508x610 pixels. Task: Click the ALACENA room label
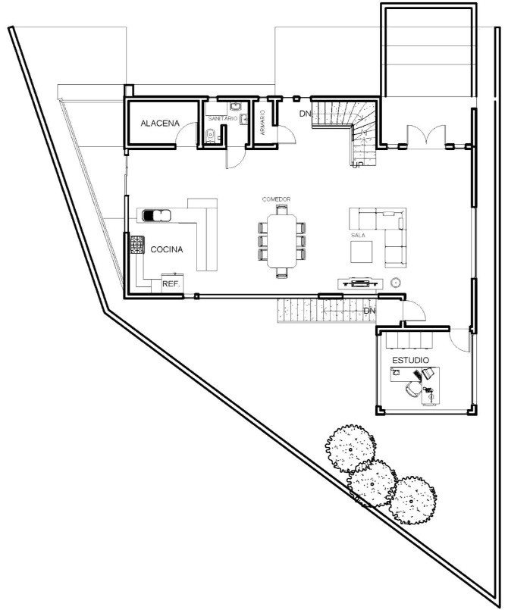pyautogui.click(x=159, y=123)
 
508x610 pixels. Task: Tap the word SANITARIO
pyautogui.click(x=223, y=120)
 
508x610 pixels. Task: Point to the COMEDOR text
pyautogui.click(x=277, y=199)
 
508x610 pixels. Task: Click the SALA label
pyautogui.click(x=359, y=236)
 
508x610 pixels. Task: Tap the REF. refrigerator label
pyautogui.click(x=171, y=283)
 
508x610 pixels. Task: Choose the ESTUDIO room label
pyautogui.click(x=411, y=359)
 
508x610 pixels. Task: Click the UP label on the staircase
pyautogui.click(x=358, y=164)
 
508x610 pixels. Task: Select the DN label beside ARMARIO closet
pyautogui.click(x=305, y=114)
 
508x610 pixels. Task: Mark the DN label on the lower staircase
pyautogui.click(x=370, y=311)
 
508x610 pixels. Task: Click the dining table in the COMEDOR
pyautogui.click(x=282, y=240)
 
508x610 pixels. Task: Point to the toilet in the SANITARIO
pyautogui.click(x=212, y=136)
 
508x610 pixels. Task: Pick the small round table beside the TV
pyautogui.click(x=395, y=283)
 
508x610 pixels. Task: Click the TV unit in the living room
pyautogui.click(x=359, y=283)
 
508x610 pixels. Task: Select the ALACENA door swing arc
pyautogui.click(x=183, y=134)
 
